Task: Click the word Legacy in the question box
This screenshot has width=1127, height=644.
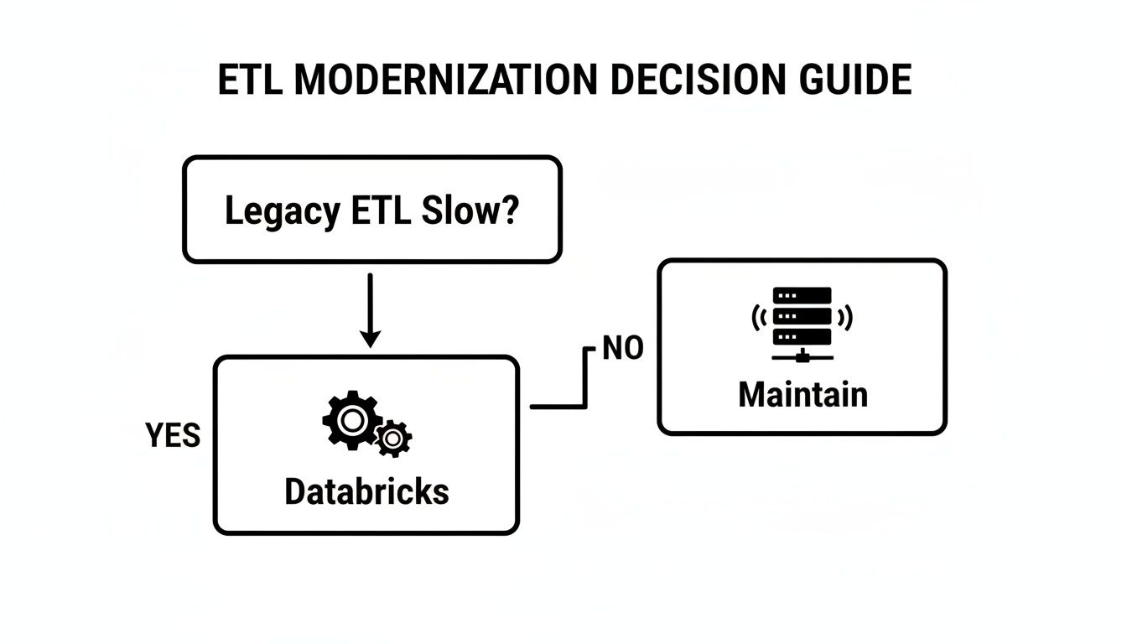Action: point(281,211)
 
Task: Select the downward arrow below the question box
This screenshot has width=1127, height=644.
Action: point(371,306)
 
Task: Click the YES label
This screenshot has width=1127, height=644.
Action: point(173,435)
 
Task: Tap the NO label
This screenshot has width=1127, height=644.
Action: point(623,348)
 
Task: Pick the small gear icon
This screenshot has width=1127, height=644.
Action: point(392,438)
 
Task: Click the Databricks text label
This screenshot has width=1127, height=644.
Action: point(366,491)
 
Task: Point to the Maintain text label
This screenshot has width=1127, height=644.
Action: point(802,394)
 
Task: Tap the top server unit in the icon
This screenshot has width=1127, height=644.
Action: point(802,295)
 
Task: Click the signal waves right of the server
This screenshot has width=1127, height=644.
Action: point(845,317)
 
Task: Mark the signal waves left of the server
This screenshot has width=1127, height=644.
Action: point(760,317)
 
